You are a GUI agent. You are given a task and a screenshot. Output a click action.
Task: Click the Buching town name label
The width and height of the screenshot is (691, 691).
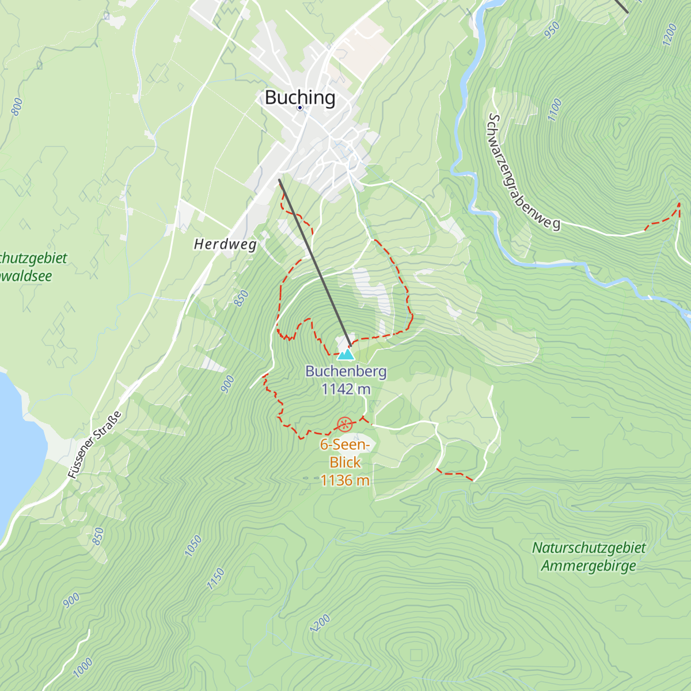point(299,97)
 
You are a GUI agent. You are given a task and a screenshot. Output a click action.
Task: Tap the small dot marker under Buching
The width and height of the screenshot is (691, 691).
point(300,108)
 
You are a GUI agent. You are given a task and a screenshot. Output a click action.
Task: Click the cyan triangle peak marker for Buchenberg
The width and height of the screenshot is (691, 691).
point(345,354)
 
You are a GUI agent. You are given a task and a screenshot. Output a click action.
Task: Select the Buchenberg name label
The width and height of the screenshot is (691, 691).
point(345,371)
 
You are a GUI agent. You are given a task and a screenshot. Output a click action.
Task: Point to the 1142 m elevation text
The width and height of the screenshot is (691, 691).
point(345,389)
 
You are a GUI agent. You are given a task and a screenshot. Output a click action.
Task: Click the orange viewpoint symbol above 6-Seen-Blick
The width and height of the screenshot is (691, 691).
point(344,425)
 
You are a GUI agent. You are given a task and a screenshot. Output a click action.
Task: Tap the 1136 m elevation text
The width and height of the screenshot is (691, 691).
point(345,480)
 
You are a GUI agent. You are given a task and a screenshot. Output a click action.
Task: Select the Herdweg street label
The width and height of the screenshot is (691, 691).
point(225,244)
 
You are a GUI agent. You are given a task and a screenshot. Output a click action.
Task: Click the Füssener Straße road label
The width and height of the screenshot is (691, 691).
point(95,445)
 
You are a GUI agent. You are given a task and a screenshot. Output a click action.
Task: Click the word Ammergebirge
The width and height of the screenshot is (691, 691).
point(589,565)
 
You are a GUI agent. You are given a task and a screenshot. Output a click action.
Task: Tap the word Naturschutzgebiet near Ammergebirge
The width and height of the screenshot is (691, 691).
point(589,548)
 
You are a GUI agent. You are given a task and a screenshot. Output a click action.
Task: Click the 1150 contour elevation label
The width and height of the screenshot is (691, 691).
point(215,579)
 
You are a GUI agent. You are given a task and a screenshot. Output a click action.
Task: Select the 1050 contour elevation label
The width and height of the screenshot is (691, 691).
point(193,546)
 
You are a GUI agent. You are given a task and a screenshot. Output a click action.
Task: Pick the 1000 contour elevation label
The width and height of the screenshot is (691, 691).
point(83,668)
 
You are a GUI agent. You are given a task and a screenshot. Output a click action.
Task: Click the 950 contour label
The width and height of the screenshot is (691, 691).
point(551,30)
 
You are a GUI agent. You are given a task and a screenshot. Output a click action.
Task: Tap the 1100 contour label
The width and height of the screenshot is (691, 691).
point(554,109)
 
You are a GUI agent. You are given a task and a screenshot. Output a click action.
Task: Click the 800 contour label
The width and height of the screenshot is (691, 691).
point(17,106)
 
